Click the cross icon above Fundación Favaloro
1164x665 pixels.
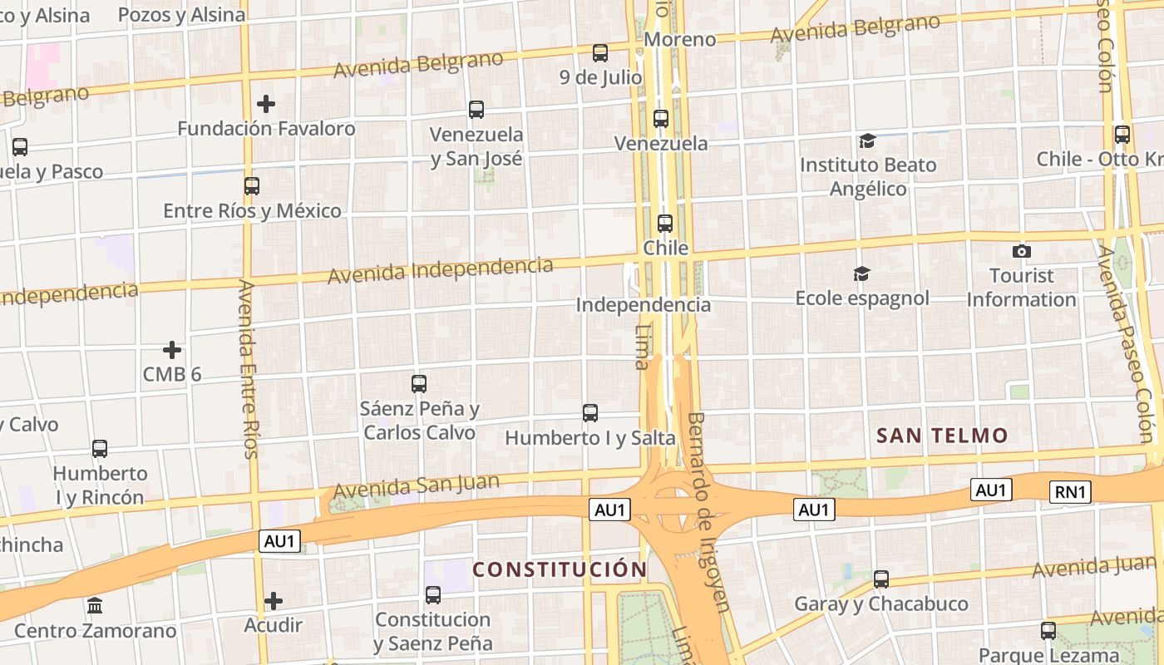[x=266, y=104]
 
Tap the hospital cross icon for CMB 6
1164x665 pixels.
[x=172, y=350]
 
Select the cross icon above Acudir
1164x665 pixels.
[x=274, y=600]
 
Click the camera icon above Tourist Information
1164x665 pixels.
[x=1022, y=251]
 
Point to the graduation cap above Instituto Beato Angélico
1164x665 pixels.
[x=867, y=140]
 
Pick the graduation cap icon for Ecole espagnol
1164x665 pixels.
[x=861, y=273]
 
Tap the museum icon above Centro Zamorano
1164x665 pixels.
[x=95, y=605]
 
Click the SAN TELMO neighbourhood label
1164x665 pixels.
[x=942, y=435]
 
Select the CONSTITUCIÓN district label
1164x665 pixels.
[x=560, y=569]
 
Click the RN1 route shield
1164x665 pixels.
[x=1070, y=492]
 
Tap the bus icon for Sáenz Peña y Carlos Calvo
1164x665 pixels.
[x=419, y=384]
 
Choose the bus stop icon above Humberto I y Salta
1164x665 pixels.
[x=590, y=413]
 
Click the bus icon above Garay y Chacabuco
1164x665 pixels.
[x=881, y=579]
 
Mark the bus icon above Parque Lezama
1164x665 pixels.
[x=1048, y=631]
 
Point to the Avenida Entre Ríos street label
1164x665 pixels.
[x=248, y=369]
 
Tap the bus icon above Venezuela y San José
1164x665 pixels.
[x=476, y=110]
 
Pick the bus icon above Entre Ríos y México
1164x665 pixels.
[x=252, y=186]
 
